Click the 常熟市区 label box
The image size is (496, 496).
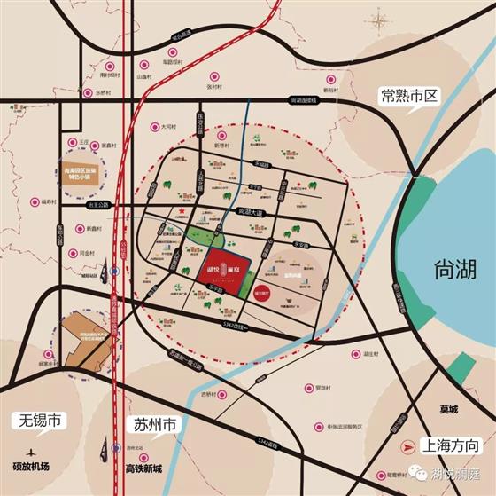coord(410,96)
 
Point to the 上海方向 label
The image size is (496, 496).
coord(451,445)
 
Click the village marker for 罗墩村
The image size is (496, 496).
coord(309,388)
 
